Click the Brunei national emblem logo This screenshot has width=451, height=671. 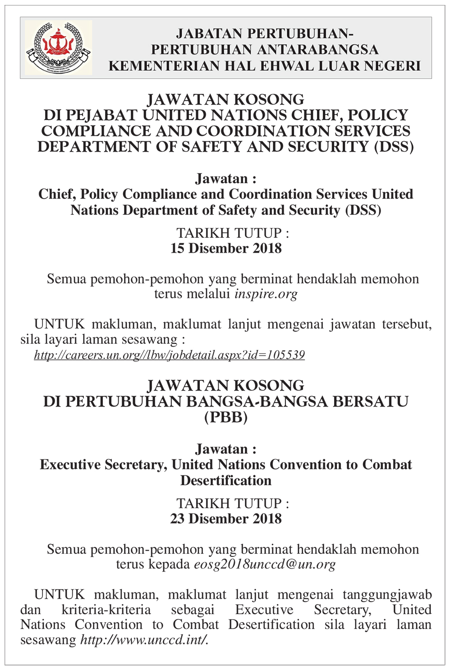(58, 47)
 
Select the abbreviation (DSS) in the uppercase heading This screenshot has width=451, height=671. (394, 147)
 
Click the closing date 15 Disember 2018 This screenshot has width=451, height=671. (225, 249)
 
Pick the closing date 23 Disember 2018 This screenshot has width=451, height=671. (225, 519)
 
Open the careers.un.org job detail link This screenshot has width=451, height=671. (169, 355)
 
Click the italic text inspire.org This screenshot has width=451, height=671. (266, 294)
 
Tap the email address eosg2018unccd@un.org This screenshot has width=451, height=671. (265, 565)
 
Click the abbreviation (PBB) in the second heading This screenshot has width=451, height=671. (225, 417)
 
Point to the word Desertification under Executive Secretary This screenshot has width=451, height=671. (225, 481)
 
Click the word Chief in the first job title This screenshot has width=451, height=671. (57, 194)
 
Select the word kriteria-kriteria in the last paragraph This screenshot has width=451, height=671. (106, 610)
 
